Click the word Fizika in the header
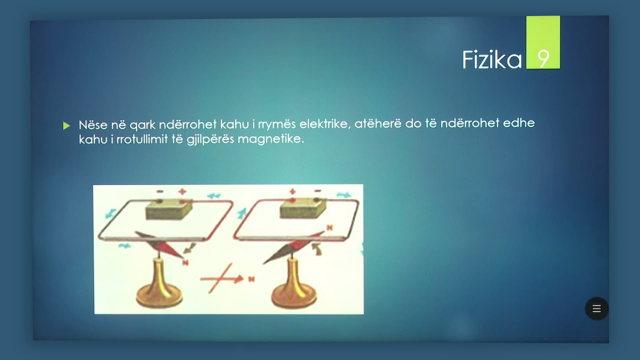491,59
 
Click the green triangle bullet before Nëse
66,125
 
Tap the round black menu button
596,308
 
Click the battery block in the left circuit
169,210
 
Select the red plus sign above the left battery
182,191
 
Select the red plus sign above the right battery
292,191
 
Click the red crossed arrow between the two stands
220,278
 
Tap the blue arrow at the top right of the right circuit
343,194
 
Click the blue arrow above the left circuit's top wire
214,196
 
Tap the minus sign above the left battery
159,191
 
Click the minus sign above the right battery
317,191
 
